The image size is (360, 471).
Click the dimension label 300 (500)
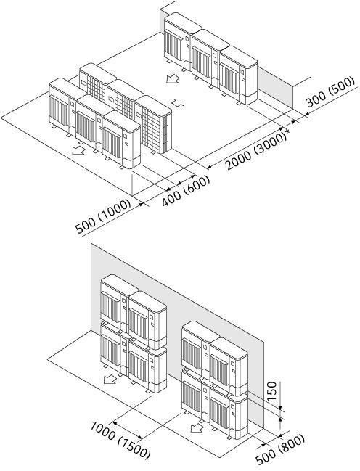tap(330, 92)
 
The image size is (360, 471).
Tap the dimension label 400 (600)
tap(185, 192)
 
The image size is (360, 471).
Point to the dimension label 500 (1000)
tap(104, 216)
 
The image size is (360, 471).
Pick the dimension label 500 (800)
tap(280, 450)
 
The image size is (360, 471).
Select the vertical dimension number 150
tap(271, 392)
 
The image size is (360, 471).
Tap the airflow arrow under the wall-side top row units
tap(173, 78)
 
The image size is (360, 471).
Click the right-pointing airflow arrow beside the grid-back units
tap(178, 102)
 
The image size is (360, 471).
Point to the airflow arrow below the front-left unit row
tap(78, 150)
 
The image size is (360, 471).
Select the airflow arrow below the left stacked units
tap(110, 380)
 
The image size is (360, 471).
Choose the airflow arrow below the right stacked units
tap(197, 427)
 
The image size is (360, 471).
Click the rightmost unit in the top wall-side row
tap(238, 75)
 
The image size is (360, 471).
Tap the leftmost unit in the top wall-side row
tap(180, 41)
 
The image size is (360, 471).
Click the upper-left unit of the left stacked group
tap(115, 300)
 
